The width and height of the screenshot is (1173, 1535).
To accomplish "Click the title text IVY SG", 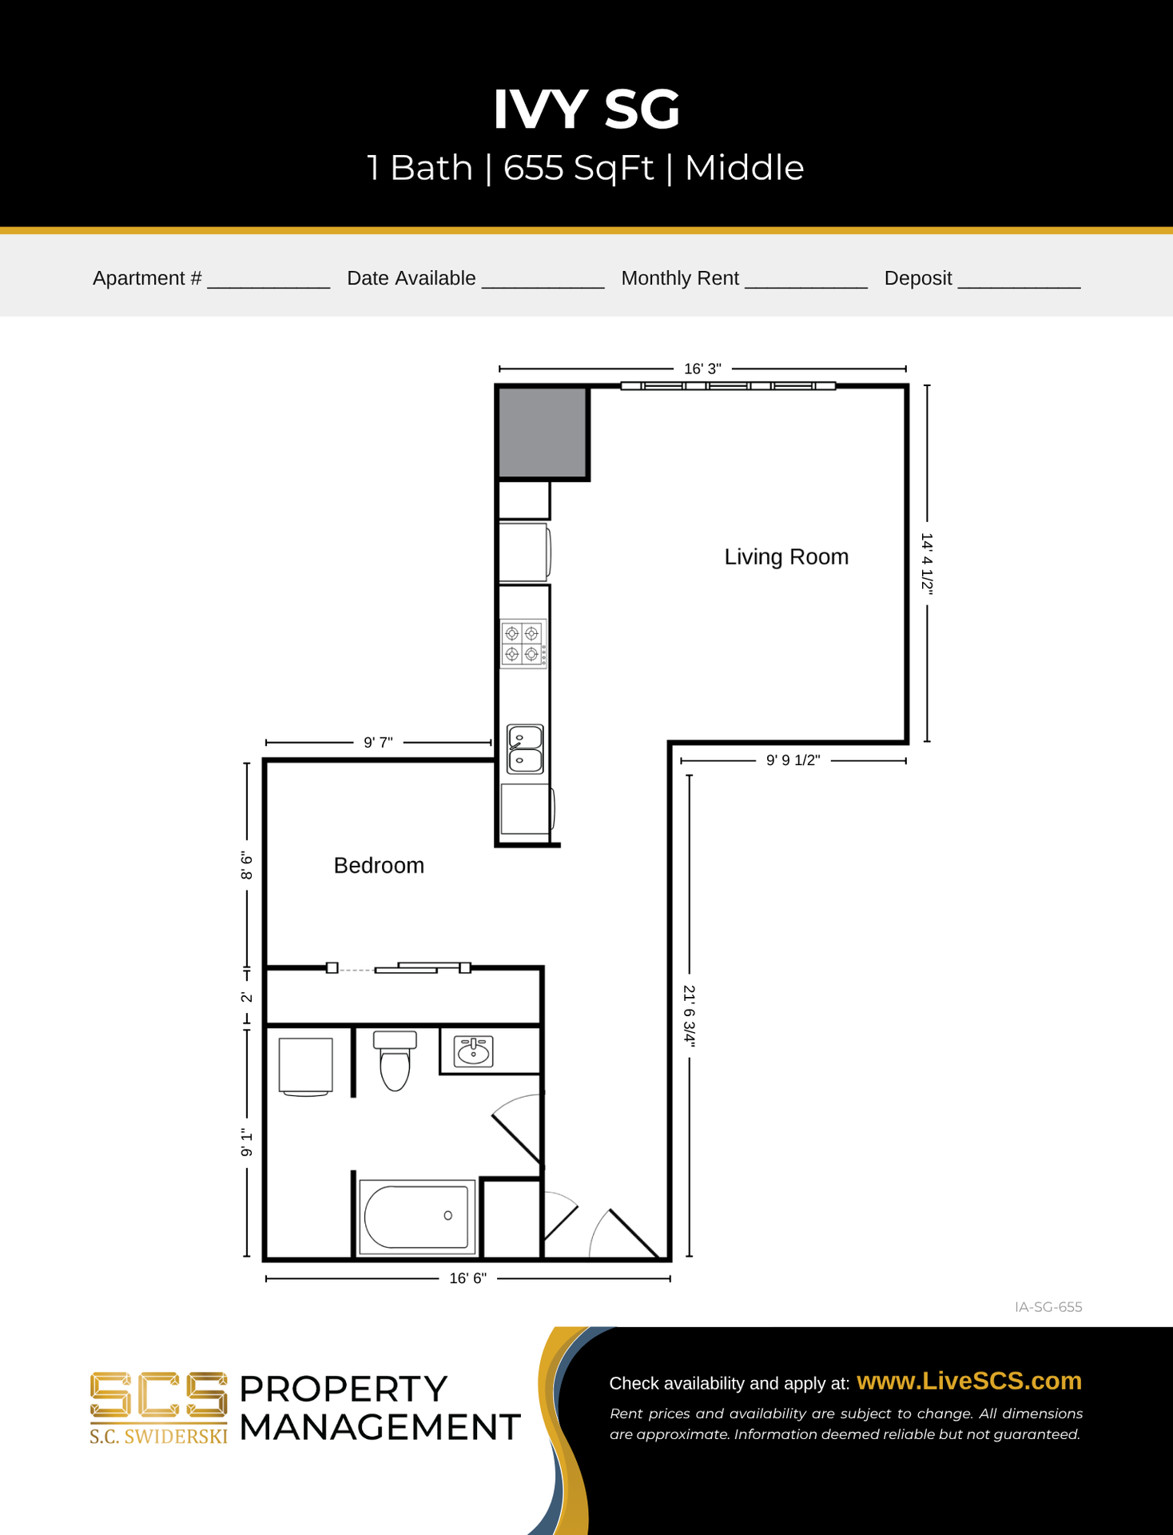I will tap(586, 109).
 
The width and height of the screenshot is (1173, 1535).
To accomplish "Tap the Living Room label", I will tap(785, 556).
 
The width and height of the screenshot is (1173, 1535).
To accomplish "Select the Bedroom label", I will tap(379, 865).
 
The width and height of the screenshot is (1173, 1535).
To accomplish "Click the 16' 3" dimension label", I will tap(702, 369).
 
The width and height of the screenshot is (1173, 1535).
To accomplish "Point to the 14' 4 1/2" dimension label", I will tap(927, 563).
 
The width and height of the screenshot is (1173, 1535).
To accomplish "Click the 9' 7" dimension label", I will tap(378, 742).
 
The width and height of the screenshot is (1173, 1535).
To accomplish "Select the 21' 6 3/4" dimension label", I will tap(689, 1015).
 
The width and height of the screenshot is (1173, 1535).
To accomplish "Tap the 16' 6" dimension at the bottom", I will tap(467, 1278).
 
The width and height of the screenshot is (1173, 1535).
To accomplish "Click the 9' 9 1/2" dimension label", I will tap(793, 760).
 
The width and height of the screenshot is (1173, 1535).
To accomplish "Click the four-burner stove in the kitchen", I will tap(523, 644).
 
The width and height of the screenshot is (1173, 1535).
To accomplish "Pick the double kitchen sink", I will tap(525, 749).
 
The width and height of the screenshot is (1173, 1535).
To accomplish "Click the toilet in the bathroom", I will tap(395, 1060).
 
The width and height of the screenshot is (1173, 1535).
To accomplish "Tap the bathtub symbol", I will tap(416, 1216).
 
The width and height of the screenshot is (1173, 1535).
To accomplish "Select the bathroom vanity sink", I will tap(473, 1051).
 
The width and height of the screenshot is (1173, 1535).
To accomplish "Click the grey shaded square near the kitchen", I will tap(543, 432).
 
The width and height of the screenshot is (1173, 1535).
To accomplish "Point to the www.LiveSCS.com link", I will tap(968, 1381).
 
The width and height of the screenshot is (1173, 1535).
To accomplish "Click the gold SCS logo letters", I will tap(158, 1396).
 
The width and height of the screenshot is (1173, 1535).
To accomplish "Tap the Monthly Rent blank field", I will tap(805, 279).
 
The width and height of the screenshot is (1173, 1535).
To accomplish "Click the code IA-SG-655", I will tap(1048, 1307).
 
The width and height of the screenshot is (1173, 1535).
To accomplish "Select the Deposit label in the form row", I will tap(917, 278).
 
